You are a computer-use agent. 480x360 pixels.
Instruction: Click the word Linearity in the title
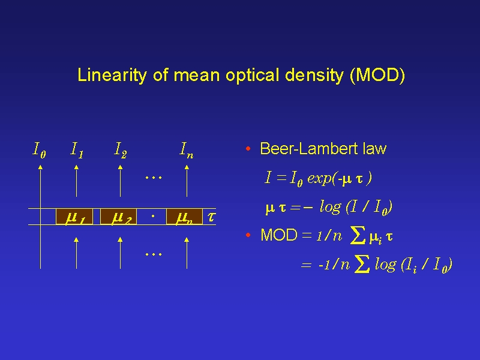point(112,75)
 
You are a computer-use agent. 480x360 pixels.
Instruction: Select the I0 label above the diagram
point(39,150)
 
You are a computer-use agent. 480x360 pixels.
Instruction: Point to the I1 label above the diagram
point(77,150)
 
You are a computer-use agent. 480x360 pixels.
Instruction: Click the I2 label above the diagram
point(121,150)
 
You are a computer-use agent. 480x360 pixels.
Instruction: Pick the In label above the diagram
point(187,150)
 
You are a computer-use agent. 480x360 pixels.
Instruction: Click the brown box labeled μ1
point(74,217)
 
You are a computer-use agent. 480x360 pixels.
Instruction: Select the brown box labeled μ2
point(118,217)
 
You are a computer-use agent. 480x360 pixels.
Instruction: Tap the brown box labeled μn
point(184,217)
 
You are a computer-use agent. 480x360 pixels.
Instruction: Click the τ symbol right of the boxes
point(211,217)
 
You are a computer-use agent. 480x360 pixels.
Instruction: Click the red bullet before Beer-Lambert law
point(248,149)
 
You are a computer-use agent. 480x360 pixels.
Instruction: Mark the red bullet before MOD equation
point(248,235)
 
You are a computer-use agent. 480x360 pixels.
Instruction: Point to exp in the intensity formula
point(319,178)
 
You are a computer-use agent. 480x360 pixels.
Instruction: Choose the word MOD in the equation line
point(279,235)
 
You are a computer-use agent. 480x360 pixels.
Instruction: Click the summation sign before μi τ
point(358,236)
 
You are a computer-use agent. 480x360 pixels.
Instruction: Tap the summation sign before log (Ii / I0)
point(362,264)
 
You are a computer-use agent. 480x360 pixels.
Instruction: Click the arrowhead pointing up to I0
point(40,167)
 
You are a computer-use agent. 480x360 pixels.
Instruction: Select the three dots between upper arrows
point(154,177)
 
